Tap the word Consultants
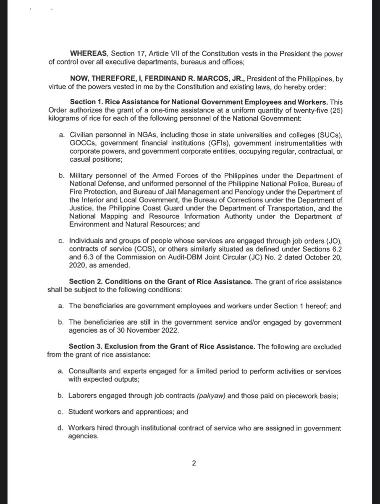click(86, 372)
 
